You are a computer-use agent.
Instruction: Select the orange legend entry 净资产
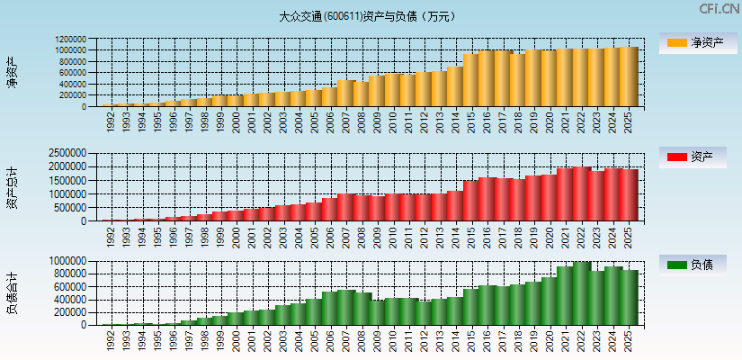pyautogui.click(x=698, y=42)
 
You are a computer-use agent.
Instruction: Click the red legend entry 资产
pyautogui.click(x=698, y=157)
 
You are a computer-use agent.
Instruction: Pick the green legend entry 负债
pyautogui.click(x=698, y=265)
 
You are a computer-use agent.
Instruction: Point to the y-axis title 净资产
pyautogui.click(x=13, y=72)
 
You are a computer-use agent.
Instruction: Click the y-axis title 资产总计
pyautogui.click(x=13, y=187)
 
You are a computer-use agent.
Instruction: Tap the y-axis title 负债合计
pyautogui.click(x=13, y=292)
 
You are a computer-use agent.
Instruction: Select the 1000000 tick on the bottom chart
pyautogui.click(x=70, y=261)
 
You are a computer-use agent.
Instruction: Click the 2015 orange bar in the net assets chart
pyautogui.click(x=470, y=80)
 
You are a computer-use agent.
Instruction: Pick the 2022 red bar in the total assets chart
pyautogui.click(x=581, y=193)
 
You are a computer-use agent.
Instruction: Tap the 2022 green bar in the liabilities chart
pyautogui.click(x=581, y=293)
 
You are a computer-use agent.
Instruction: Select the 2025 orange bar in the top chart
pyautogui.click(x=629, y=76)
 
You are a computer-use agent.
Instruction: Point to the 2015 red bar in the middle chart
pyautogui.click(x=470, y=201)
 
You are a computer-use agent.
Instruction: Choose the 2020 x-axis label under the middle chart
pyautogui.click(x=550, y=237)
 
